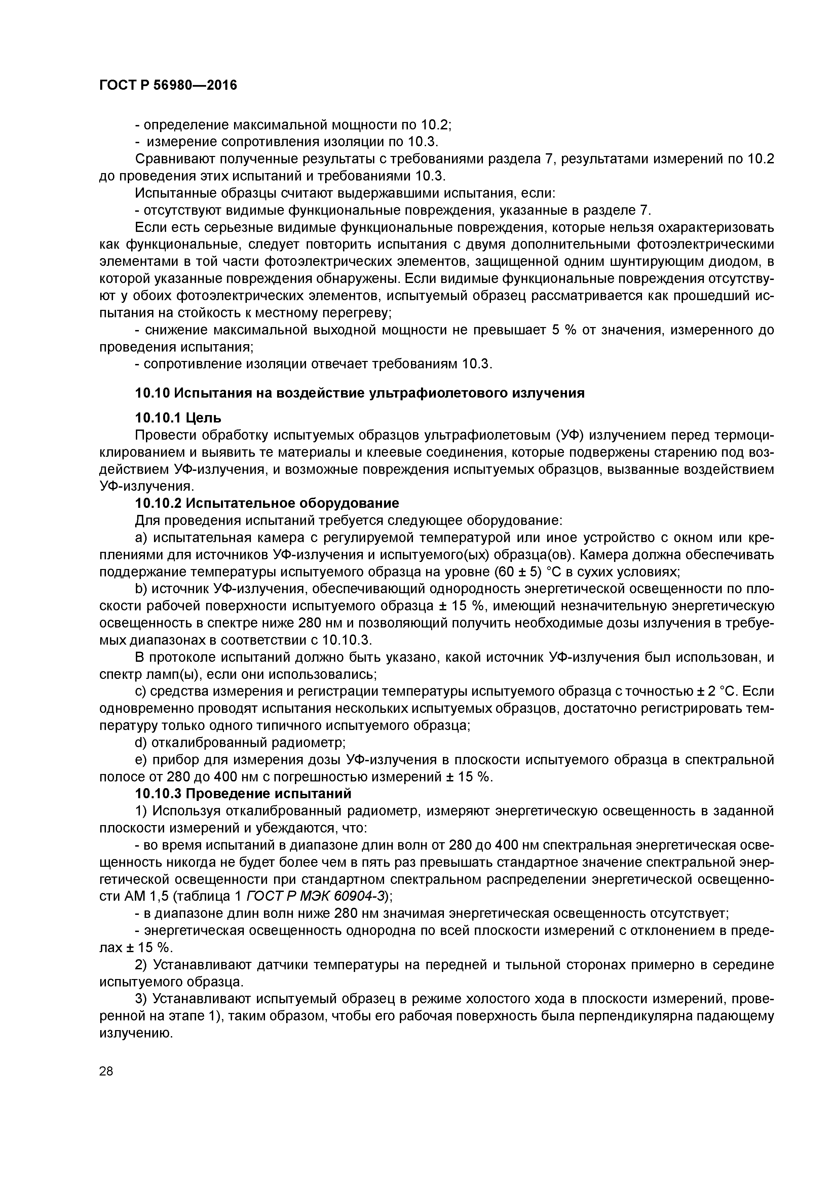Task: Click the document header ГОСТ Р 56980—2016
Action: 168,85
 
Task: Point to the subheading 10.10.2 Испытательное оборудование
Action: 267,503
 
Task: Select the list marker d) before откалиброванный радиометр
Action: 141,742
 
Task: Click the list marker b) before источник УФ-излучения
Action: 141,588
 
